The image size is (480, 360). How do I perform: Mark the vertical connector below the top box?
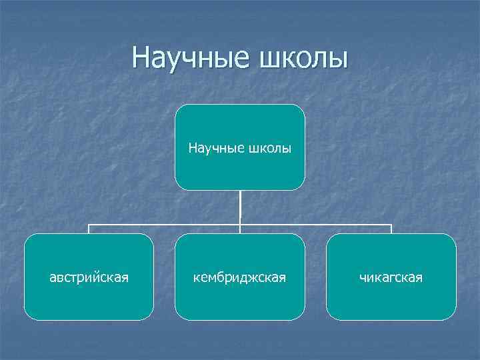tap(240, 207)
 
